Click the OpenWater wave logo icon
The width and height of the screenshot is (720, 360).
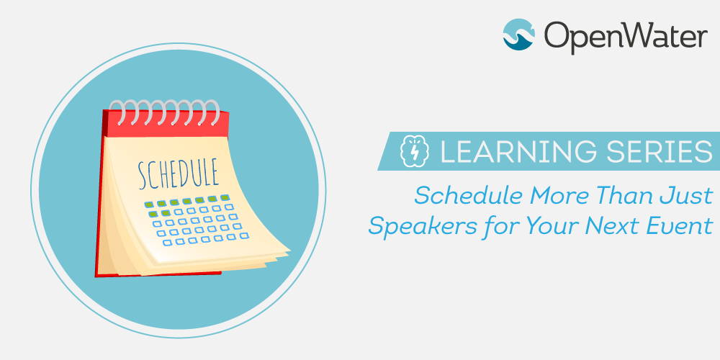coord(518,35)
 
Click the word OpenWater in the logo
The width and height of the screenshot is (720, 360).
coord(626,36)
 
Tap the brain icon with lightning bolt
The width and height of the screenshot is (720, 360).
coord(414,151)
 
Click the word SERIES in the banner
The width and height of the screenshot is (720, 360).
coord(656,151)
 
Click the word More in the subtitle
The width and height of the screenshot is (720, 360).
coord(560,197)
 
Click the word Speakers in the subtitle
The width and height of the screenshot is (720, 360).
coord(423,226)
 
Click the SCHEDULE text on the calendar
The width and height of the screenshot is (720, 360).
coord(179,173)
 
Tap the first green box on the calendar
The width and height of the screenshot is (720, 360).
coord(149,204)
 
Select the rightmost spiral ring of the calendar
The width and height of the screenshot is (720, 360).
coord(212,112)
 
